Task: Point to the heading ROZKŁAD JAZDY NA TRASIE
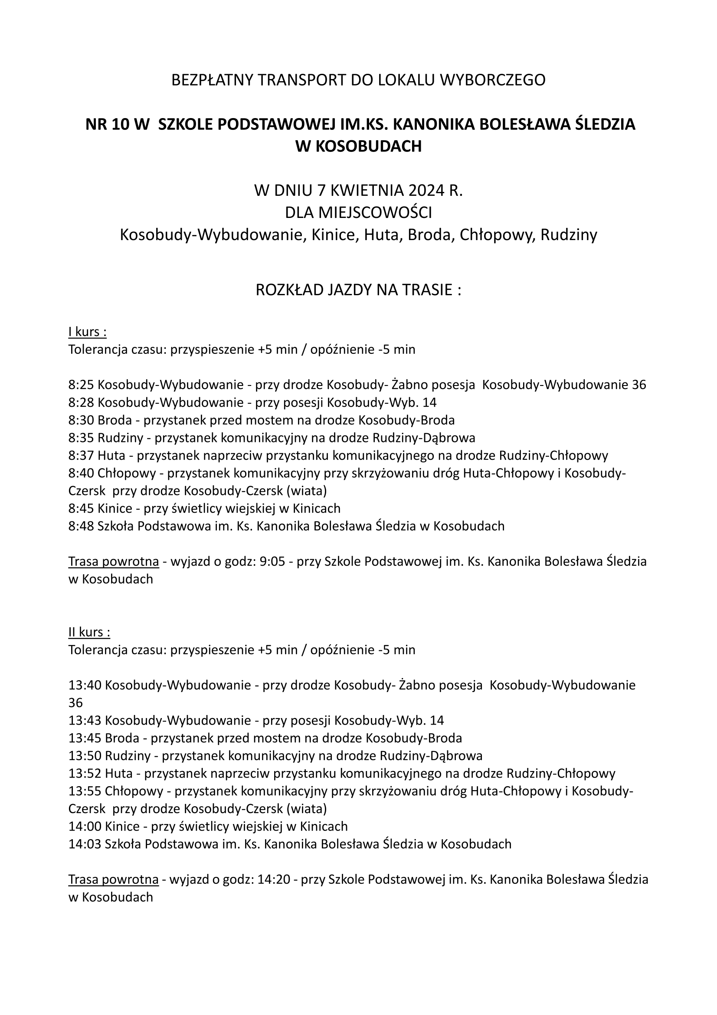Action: coord(358,290)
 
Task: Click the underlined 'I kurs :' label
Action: coord(88,332)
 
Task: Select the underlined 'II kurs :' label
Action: coord(89,632)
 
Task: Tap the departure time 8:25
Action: coord(81,385)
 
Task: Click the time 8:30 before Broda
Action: coord(81,420)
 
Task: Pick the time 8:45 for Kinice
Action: coord(81,508)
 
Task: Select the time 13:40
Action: coord(85,685)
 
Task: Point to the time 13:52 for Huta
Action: coord(85,774)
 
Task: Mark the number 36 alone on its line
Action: coord(75,703)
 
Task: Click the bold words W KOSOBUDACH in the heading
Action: coord(358,146)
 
